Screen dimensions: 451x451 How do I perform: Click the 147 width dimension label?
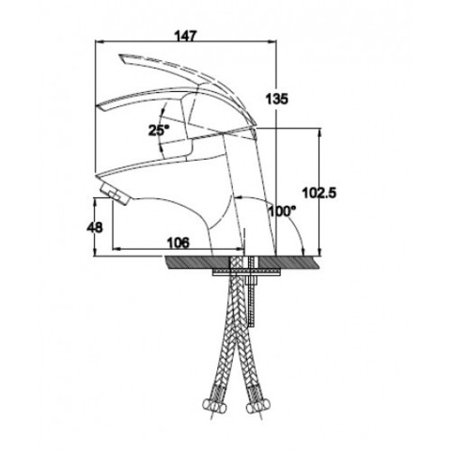tap(186, 36)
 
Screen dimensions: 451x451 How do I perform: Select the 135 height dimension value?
tap(276, 100)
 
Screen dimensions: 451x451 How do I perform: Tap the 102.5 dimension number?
tap(319, 193)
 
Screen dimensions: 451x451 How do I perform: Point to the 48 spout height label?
tap(94, 227)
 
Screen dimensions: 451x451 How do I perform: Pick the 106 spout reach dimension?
tap(179, 242)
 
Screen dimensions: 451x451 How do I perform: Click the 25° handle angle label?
tap(159, 130)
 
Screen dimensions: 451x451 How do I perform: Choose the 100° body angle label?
tap(282, 211)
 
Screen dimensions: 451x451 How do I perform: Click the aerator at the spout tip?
tap(115, 194)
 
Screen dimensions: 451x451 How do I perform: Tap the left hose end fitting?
tap(214, 407)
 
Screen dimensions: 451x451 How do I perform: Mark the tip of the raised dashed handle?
tap(119, 55)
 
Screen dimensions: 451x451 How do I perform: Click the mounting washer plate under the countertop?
tap(246, 273)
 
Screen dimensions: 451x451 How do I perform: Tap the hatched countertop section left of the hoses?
tap(198, 262)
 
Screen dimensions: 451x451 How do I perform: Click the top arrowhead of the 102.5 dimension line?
tap(319, 132)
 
